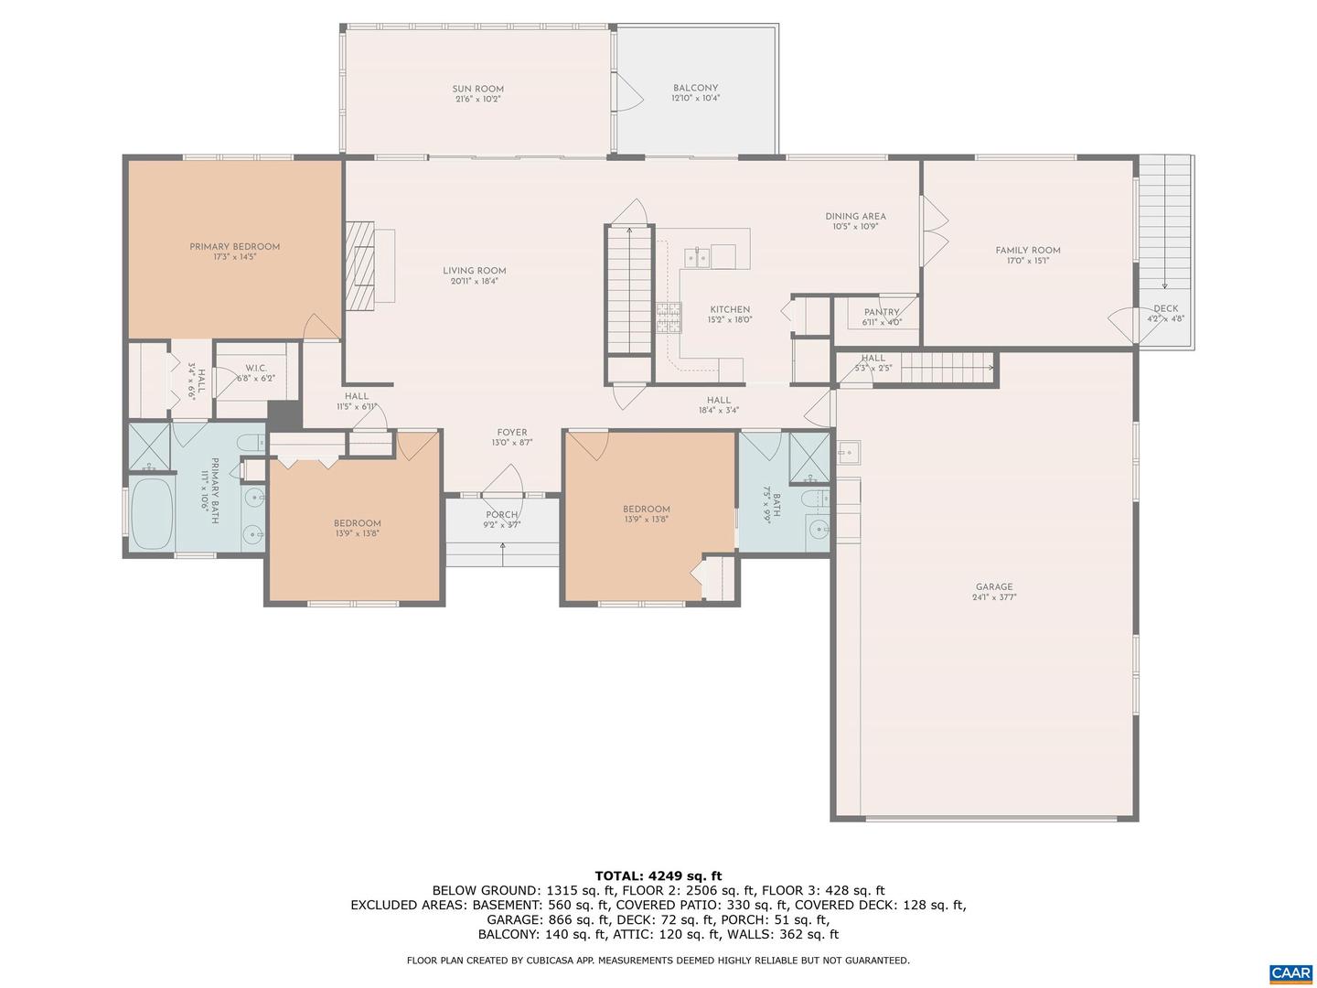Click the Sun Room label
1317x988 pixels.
coord(477,89)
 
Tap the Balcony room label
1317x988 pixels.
coord(695,88)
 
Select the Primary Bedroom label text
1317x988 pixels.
coord(234,247)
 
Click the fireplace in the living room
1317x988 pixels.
coord(363,265)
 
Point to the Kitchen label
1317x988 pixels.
coord(729,310)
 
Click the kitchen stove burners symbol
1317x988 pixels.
coord(669,317)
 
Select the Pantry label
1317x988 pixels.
coord(882,312)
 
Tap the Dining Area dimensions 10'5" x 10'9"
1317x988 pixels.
coord(855,227)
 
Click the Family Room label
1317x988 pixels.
coord(1027,250)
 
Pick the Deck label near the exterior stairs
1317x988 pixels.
coord(1165,308)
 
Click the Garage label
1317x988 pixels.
coord(993,587)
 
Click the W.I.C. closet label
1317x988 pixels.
coord(256,368)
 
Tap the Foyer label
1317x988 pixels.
coord(511,433)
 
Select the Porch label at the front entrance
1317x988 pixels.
coord(501,515)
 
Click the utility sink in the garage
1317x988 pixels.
coord(848,452)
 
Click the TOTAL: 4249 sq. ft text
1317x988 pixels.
coord(658,875)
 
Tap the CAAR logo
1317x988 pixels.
coord(1290,973)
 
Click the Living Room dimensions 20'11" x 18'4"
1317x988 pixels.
coord(474,282)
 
